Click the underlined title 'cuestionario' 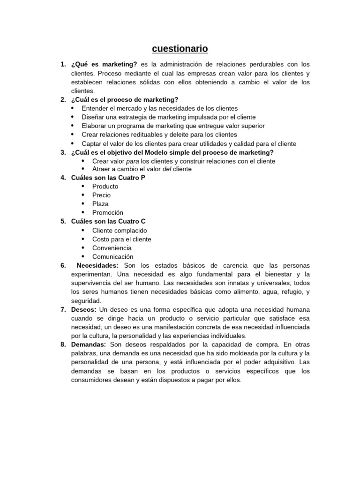180,49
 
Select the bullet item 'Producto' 105,187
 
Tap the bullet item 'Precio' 102,195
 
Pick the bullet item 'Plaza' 100,204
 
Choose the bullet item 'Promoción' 107,213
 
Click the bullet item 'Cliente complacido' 120,231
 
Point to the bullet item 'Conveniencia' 112,248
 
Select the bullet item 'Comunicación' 112,257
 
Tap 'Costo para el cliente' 121,239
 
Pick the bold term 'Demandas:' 89,345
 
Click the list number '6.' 63,266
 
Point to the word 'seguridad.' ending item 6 86,301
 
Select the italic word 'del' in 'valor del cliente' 167,169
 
